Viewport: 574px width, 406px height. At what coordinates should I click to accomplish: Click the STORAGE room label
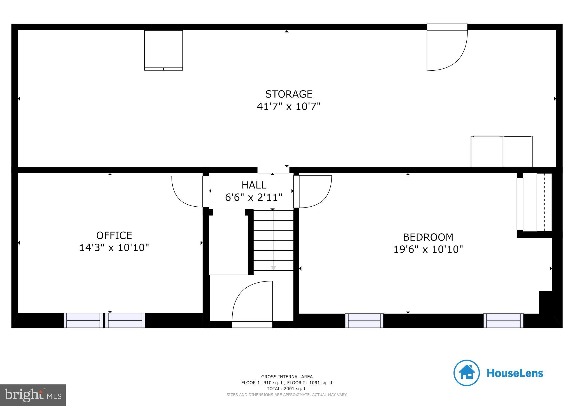[x=289, y=94]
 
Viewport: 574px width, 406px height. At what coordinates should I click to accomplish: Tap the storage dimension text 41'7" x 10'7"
[x=288, y=107]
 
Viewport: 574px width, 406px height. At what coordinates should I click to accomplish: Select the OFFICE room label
[x=114, y=235]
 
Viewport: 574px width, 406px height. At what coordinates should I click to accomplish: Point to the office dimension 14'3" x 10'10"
[x=114, y=248]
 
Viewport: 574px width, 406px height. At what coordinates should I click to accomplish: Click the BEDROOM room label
[x=428, y=237]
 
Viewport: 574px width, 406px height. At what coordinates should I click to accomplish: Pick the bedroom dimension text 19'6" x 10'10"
[x=428, y=249]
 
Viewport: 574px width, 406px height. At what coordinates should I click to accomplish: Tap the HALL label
[x=254, y=185]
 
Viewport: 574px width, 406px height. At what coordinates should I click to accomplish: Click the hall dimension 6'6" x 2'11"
[x=254, y=197]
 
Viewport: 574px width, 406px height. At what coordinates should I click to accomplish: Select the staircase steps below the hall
[x=273, y=241]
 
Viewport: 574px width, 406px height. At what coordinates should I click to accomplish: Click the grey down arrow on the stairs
[x=273, y=268]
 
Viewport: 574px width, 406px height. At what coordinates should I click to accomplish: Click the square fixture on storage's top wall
[x=163, y=50]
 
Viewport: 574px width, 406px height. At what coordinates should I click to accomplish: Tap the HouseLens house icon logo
[x=466, y=373]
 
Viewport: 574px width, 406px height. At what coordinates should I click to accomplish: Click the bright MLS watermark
[x=33, y=395]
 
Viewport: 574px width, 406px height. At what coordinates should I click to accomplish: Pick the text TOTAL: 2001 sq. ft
[x=287, y=389]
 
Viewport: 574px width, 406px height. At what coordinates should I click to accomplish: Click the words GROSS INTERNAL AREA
[x=287, y=377]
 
